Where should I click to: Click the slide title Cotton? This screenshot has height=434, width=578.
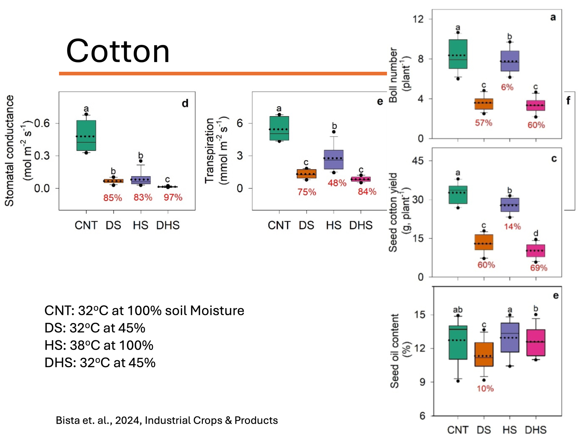click(x=118, y=51)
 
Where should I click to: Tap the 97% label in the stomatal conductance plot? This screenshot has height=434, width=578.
click(x=173, y=197)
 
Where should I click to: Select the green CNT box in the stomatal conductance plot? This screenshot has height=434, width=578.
click(x=86, y=135)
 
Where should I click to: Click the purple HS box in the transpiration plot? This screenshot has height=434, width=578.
click(x=334, y=159)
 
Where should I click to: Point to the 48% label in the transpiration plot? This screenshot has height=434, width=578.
click(x=337, y=183)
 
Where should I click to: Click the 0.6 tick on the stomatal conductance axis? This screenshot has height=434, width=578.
click(x=42, y=123)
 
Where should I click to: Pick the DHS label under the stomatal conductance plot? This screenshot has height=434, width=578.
click(x=168, y=225)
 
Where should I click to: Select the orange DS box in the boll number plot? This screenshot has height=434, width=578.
click(x=484, y=104)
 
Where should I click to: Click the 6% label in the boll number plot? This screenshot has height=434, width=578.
click(x=507, y=87)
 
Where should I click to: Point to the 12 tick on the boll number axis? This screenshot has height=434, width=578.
click(x=418, y=19)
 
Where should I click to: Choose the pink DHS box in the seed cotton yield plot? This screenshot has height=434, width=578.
click(x=536, y=250)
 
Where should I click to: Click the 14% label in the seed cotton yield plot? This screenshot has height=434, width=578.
click(x=512, y=226)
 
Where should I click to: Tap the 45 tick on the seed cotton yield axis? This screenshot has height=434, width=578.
click(x=418, y=161)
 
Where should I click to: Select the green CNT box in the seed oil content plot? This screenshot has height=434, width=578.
click(x=458, y=342)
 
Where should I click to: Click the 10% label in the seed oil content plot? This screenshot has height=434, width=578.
click(x=485, y=388)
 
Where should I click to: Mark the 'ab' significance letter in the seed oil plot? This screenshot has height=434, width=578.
click(x=458, y=310)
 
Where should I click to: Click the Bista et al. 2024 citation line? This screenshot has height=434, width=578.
click(x=166, y=420)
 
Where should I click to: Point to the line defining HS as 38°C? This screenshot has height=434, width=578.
click(x=99, y=345)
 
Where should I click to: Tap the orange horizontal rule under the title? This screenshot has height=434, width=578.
click(x=223, y=74)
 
